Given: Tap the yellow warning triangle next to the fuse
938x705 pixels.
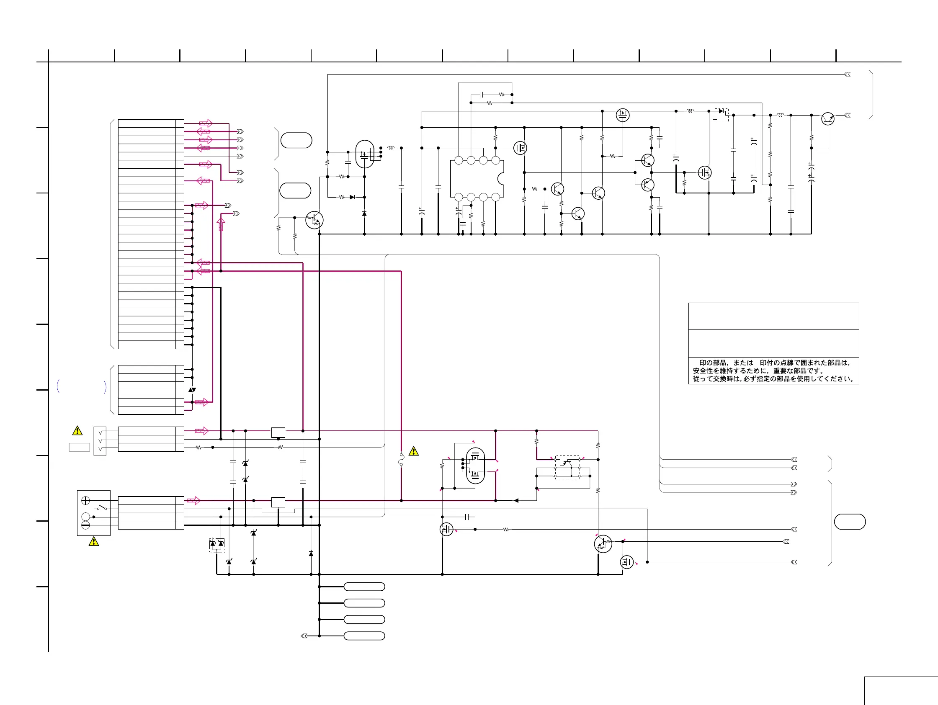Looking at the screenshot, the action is coord(413,451).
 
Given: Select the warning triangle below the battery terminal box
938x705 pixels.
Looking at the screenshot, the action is coord(94,541).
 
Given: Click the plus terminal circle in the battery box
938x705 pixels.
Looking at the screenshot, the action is coord(85,500).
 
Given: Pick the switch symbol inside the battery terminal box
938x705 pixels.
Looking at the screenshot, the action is coord(101,507).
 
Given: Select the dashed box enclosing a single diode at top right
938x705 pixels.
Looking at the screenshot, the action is coord(722,115).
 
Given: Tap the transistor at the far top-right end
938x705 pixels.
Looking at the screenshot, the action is coord(827,119).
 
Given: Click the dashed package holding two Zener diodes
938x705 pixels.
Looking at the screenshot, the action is coord(216,545).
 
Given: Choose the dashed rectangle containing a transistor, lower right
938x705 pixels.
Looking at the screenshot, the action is coord(567,468).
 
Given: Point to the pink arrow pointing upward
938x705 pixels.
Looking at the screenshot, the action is coord(221,224).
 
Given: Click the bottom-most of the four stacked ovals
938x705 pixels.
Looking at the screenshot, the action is coord(364,636).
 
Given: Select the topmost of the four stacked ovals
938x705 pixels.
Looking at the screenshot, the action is coord(364,587).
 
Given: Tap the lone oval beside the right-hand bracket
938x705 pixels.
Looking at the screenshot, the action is coord(849,522).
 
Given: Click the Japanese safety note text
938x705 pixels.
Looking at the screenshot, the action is coord(773,371).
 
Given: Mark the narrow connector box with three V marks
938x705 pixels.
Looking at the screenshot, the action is coord(100,441).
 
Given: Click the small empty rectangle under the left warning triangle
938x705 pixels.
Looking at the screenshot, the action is coord(79,447).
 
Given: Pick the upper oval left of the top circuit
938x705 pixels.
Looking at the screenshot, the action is coord(296,140).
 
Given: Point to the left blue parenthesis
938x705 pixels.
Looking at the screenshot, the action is coord(58,386).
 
